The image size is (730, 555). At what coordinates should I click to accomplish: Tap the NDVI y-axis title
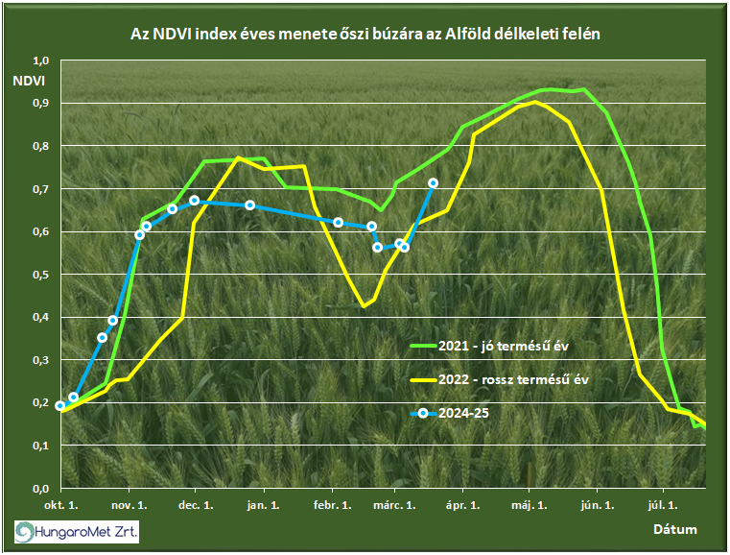pos(31,79)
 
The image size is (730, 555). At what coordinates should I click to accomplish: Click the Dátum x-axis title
pos(675,529)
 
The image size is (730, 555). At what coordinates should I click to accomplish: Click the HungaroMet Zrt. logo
pos(76,530)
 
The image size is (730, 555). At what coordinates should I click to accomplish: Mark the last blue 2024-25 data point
pos(433,182)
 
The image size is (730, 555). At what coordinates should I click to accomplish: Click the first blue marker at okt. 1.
pos(60,406)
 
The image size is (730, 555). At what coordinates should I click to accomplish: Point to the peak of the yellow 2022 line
pos(535,101)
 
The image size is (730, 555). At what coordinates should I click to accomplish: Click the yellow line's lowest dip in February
pos(364,307)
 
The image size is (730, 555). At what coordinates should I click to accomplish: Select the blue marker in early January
pos(250,205)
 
